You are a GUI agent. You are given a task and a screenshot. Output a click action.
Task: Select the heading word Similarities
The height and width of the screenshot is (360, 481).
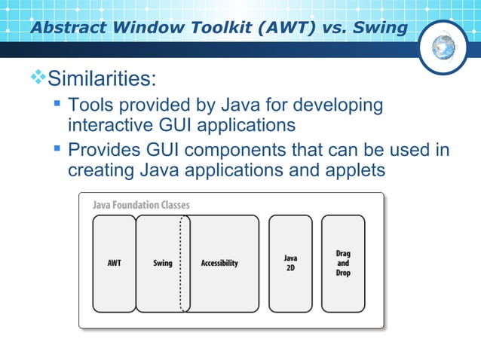pyautogui.click(x=103, y=78)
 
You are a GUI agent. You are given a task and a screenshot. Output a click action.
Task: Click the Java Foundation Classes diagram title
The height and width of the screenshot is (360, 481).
pyautogui.click(x=141, y=205)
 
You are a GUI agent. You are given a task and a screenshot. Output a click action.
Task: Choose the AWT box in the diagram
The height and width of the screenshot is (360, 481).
pyautogui.click(x=114, y=263)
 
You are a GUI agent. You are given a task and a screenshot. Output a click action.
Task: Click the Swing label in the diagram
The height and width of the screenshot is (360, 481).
pyautogui.click(x=162, y=263)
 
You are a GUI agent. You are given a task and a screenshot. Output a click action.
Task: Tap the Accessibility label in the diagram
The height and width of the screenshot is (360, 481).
pyautogui.click(x=219, y=263)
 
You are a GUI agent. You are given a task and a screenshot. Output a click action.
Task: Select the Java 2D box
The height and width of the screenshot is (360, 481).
pyautogui.click(x=290, y=263)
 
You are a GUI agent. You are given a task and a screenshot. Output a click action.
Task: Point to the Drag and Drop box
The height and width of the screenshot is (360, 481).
pyautogui.click(x=343, y=263)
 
